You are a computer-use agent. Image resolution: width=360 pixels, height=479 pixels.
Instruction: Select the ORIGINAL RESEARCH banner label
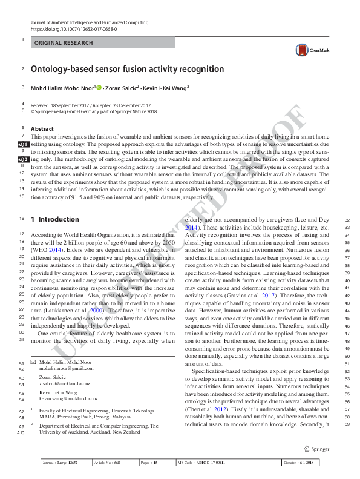coord(64,43)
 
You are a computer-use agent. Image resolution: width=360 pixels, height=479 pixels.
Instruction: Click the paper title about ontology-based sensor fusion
coord(127,70)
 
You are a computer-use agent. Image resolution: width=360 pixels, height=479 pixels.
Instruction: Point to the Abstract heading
coord(42,129)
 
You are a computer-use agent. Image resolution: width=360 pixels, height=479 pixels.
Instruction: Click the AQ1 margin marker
coord(23,146)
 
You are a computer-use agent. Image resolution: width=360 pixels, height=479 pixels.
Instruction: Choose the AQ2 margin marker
coord(23,159)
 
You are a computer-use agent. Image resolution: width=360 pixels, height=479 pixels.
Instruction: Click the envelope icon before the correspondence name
coord(33,361)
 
